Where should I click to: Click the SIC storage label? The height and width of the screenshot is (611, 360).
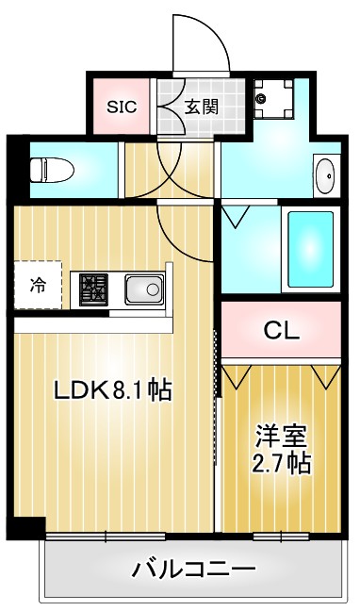(x=121, y=106)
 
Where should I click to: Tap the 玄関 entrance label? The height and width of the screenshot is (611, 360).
(x=201, y=106)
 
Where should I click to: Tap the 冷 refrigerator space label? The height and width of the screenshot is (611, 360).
(x=37, y=284)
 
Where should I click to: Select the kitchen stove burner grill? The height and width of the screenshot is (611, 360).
(x=94, y=288)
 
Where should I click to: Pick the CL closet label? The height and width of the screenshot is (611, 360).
(x=281, y=330)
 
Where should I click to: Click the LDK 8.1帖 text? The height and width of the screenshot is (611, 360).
(x=111, y=389)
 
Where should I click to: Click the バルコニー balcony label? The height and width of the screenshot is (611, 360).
(x=193, y=569)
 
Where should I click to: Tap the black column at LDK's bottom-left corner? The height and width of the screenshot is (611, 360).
(x=31, y=530)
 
